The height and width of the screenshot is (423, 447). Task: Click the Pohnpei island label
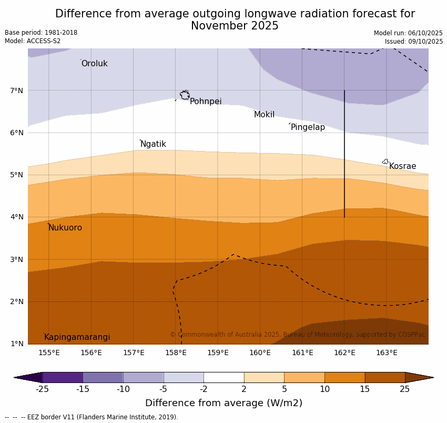coord(206,102)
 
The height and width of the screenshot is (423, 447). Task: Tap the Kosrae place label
coord(402,166)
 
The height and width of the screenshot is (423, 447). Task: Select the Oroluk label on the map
coord(94,64)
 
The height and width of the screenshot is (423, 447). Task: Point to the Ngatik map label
coord(153,144)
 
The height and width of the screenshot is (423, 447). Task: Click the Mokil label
coord(264,115)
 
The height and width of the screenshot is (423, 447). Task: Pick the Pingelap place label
coord(308,127)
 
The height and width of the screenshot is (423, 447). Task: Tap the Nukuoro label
coord(65,228)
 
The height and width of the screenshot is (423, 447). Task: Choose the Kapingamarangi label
coord(77,337)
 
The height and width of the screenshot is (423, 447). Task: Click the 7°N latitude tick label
coord(17,90)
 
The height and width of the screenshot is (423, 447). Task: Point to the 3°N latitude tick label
coord(17,259)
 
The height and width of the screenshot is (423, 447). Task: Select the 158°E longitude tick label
coord(176,352)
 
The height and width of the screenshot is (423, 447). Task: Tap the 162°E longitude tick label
coord(344,352)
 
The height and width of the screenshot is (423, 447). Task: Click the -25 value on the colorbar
coord(42,389)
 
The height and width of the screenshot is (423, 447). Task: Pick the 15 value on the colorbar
coord(365,389)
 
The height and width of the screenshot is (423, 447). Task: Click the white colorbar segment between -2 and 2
coord(223,377)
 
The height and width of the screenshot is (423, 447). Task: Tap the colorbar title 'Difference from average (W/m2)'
coord(223,404)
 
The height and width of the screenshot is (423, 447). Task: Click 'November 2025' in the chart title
coord(235,26)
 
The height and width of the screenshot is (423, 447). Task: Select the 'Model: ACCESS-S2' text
coord(33,41)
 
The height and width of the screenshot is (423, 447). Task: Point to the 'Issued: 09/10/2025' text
coord(413,42)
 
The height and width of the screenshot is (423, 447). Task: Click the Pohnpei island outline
coord(185,95)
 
